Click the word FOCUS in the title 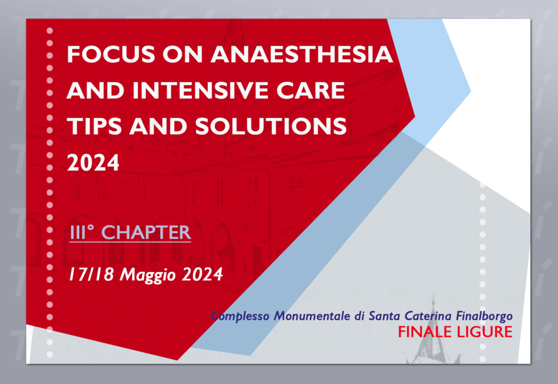click(111, 54)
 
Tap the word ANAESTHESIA click(302, 54)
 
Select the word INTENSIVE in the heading click(200, 90)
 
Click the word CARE click(310, 90)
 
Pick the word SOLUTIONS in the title click(271, 126)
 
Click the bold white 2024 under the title click(93, 162)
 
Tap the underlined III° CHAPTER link click(130, 233)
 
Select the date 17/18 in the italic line click(91, 274)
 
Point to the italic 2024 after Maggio click(202, 274)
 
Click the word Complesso click(240, 316)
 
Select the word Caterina click(428, 315)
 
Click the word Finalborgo click(484, 316)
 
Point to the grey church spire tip click(433, 296)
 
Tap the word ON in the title click(182, 54)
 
